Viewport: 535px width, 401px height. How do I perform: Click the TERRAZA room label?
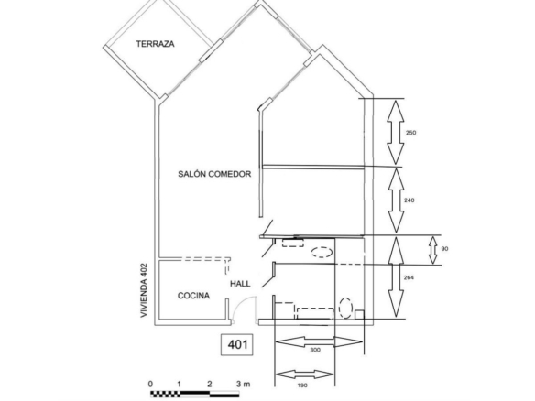155,44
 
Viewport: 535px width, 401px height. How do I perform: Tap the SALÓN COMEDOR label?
214,174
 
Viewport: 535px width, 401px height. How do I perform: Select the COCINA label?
193,296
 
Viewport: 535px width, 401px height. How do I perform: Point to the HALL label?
240,284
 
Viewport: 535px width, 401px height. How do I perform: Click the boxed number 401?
236,344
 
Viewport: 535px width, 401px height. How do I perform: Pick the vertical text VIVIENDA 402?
144,290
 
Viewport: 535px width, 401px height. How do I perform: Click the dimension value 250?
410,133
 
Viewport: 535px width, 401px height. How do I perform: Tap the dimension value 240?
409,200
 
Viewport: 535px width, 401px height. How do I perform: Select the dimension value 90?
444,249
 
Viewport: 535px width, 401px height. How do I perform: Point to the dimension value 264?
409,277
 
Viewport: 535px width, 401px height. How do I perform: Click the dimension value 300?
315,350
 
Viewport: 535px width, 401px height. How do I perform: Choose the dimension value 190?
302,385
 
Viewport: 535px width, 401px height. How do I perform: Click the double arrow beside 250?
396,133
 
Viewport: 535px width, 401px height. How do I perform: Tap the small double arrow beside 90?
433,250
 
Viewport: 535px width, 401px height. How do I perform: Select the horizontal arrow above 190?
304,374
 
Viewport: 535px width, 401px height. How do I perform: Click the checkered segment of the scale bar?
166,395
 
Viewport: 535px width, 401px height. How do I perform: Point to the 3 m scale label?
243,384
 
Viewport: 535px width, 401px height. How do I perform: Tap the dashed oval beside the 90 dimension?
322,252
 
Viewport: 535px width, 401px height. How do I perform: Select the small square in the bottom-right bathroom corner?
360,314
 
